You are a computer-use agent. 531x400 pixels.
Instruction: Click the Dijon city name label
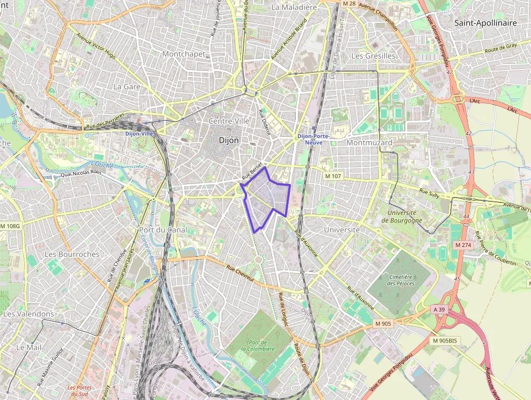(x=228, y=140)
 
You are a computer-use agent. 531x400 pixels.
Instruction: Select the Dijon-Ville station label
(x=139, y=133)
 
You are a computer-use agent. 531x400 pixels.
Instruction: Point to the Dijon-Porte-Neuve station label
(x=313, y=139)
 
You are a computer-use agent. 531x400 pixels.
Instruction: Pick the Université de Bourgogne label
(x=402, y=217)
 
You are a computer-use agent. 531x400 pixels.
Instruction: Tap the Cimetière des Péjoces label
(x=400, y=280)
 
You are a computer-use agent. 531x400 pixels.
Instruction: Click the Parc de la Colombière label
(x=258, y=345)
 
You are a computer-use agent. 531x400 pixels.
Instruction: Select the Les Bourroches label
(x=72, y=254)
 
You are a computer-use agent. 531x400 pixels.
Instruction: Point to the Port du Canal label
(x=163, y=230)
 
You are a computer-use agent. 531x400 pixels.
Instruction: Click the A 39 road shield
(x=439, y=309)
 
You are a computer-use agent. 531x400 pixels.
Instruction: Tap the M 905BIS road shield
(x=444, y=340)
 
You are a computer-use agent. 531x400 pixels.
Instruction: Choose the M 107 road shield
(x=333, y=176)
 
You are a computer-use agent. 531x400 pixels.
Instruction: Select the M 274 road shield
(x=463, y=245)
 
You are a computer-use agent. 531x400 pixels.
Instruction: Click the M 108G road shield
(x=10, y=226)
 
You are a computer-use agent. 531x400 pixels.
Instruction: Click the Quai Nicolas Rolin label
(x=81, y=173)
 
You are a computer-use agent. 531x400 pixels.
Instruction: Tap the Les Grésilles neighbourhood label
(x=373, y=55)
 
